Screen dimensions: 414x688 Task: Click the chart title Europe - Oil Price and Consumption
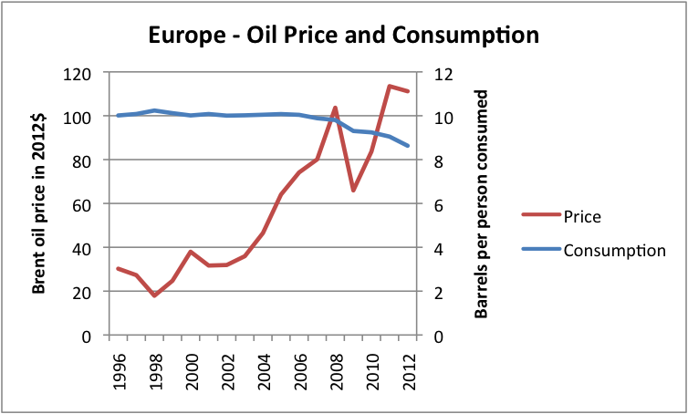(344, 36)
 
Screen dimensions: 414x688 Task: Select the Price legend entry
(583, 217)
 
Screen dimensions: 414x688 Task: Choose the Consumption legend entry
(615, 250)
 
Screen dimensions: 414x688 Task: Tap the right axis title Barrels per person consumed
(481, 203)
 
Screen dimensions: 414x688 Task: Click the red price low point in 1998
(154, 295)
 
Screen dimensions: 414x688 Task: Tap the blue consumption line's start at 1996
(118, 115)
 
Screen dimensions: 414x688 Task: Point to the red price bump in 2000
(191, 252)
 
